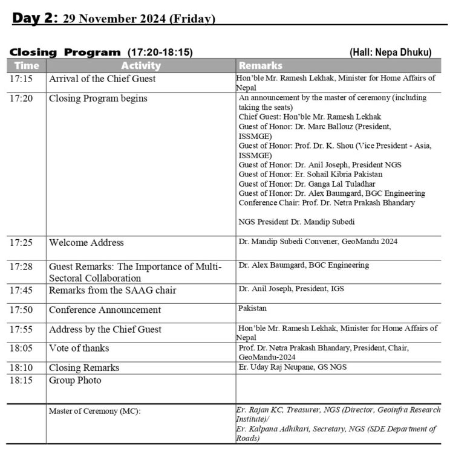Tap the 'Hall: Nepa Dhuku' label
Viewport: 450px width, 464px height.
(x=390, y=53)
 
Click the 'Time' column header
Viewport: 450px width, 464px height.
(x=27, y=65)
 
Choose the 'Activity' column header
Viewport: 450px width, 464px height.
(x=140, y=65)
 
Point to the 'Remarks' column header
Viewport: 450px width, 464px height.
(x=261, y=65)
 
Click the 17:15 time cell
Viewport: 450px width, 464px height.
(x=23, y=79)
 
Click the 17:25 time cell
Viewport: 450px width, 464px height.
(x=24, y=242)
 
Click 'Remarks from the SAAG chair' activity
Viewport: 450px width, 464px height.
(x=112, y=290)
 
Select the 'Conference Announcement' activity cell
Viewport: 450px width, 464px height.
(x=105, y=310)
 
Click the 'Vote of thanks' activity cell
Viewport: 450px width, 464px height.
(x=79, y=349)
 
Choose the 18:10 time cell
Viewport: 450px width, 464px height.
(x=24, y=367)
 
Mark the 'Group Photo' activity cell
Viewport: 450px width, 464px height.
(x=75, y=381)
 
